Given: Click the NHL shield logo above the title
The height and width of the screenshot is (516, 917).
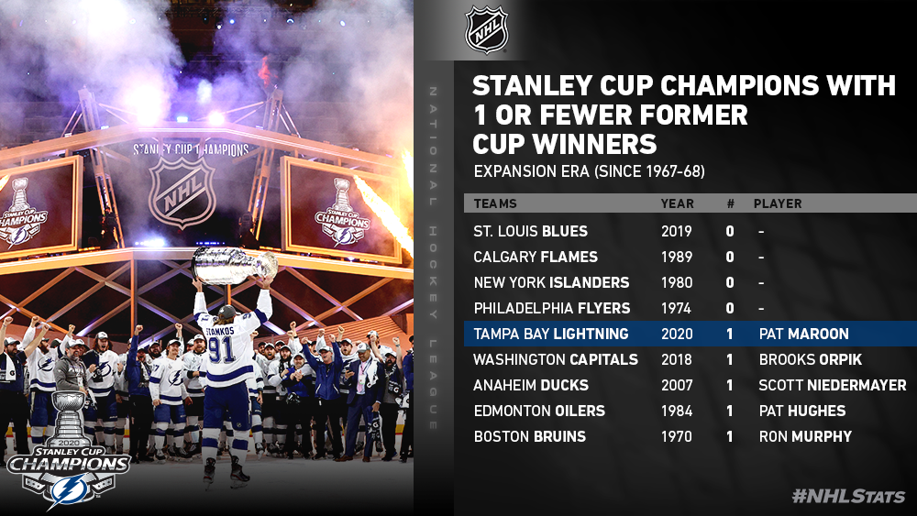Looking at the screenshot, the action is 486,29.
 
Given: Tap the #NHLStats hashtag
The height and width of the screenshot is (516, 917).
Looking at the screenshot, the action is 848,496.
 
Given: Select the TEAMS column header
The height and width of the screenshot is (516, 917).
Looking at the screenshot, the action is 495,203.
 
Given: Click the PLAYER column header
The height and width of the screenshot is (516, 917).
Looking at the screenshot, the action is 778,203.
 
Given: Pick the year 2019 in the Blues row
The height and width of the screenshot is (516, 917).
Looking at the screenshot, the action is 677,231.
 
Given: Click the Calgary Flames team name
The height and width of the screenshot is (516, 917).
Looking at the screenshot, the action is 536,257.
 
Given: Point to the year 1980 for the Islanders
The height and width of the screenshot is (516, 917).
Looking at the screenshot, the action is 677,282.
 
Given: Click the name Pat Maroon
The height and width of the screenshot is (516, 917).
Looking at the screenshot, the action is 803,334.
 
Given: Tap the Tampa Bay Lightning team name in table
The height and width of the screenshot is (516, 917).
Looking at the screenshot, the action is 551,334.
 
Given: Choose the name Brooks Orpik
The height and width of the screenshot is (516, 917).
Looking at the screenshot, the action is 811,359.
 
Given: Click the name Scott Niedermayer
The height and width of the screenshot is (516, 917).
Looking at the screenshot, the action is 833,385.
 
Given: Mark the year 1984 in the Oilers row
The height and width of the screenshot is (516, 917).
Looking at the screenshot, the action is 677,411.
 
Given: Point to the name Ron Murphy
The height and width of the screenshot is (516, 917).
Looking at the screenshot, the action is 805,436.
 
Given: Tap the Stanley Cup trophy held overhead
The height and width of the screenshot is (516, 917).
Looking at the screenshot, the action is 234,265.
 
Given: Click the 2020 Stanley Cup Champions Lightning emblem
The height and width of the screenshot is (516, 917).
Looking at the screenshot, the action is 69,449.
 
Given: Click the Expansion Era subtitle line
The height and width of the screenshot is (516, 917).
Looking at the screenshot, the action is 589,171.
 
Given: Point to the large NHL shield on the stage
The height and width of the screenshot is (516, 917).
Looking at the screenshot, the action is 182,192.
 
